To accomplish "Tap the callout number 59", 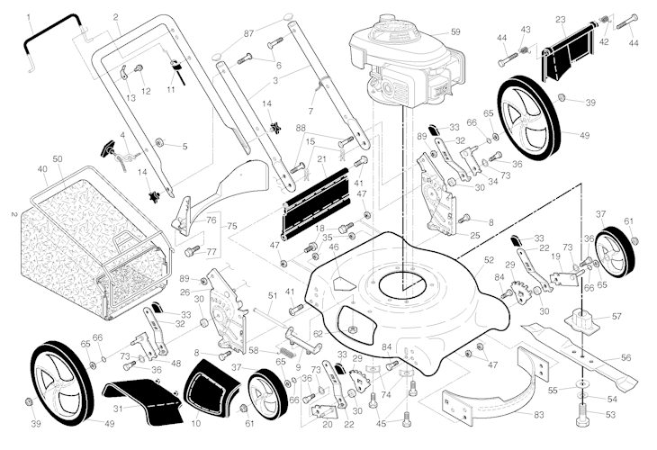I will click(x=454, y=32).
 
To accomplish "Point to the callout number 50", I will click(x=58, y=159).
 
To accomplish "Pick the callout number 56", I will click(x=626, y=357).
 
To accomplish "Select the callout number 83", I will click(x=539, y=414).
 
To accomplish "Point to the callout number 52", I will click(x=490, y=259).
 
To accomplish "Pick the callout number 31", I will click(x=118, y=408).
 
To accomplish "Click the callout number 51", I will click(x=273, y=295).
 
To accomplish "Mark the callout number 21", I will click(x=320, y=159).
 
